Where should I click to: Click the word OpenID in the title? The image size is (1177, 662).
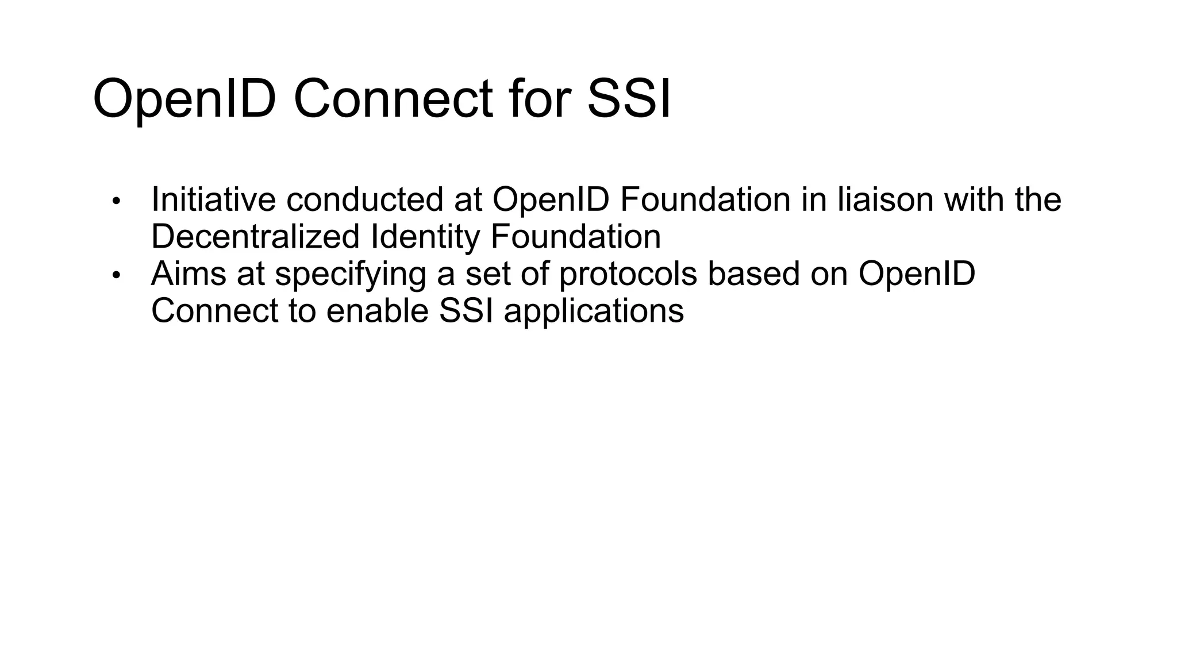point(183,99)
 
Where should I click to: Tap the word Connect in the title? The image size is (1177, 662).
point(393,99)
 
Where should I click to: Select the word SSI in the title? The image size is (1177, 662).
point(629,99)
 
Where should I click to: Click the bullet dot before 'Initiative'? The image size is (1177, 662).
point(117,201)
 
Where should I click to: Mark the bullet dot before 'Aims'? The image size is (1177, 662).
point(117,276)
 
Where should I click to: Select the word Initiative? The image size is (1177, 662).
point(213,199)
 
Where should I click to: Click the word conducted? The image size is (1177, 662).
point(364,199)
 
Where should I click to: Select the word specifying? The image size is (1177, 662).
point(350,275)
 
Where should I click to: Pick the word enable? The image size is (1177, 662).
point(378,311)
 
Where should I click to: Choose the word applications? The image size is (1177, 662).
point(594,312)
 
